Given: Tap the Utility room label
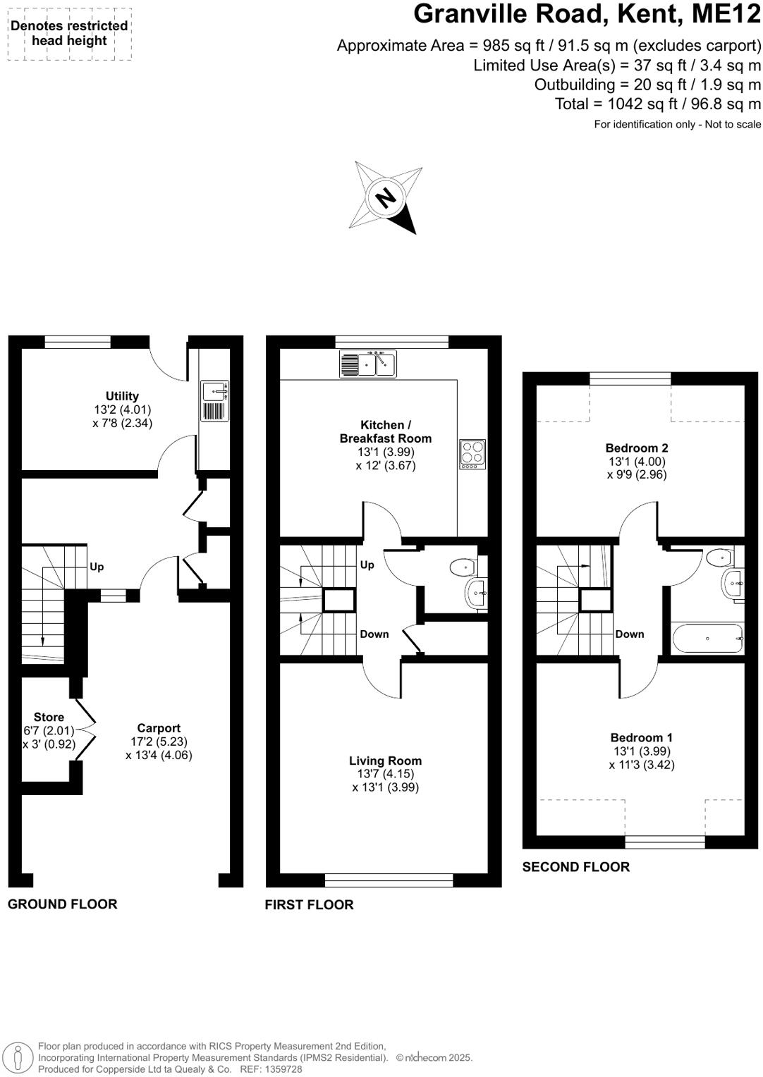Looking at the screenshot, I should (x=122, y=396).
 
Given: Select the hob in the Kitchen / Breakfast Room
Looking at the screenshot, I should (x=472, y=454).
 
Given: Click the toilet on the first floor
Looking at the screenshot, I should (x=463, y=566).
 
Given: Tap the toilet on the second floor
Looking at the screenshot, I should (x=720, y=558).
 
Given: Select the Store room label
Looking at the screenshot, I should (x=49, y=717).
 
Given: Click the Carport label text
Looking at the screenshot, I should (x=159, y=728).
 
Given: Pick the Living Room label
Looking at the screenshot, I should (x=385, y=761).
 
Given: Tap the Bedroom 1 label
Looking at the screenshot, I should (x=641, y=738).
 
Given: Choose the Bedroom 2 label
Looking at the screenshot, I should (x=637, y=448).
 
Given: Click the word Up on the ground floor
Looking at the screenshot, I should (x=97, y=567).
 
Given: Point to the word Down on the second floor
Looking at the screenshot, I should (x=629, y=634).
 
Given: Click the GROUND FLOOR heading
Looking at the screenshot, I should (x=63, y=904).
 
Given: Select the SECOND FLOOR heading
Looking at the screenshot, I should (x=575, y=867).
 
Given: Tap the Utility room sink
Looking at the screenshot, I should (x=214, y=390).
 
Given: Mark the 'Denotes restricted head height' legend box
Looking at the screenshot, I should (x=69, y=33).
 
